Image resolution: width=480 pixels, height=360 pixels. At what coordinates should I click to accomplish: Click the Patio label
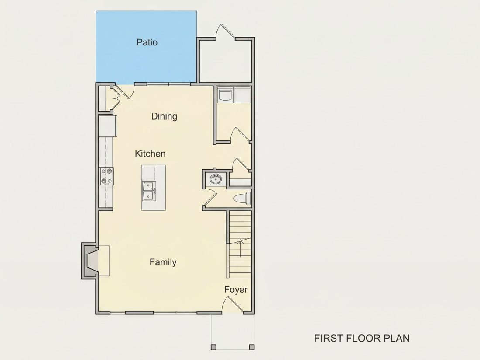(x=147, y=42)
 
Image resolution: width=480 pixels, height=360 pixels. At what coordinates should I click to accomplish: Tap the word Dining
(x=164, y=117)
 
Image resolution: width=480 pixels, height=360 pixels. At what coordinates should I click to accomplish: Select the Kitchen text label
(x=150, y=154)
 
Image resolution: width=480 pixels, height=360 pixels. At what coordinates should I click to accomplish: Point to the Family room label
(x=163, y=262)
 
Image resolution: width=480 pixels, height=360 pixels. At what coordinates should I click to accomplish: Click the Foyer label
(x=236, y=290)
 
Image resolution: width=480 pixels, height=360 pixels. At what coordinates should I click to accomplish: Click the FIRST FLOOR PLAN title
(x=362, y=338)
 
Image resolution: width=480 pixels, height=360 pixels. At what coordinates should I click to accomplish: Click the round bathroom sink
(x=216, y=179)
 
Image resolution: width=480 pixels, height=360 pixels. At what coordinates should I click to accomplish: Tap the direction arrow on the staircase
(x=241, y=248)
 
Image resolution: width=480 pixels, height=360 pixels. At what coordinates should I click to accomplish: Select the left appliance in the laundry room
(x=226, y=94)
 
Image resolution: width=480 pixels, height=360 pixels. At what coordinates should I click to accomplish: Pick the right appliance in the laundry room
(x=242, y=94)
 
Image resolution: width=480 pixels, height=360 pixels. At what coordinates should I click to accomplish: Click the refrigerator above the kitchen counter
(x=107, y=126)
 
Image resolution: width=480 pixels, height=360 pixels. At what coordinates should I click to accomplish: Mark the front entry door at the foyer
(x=233, y=305)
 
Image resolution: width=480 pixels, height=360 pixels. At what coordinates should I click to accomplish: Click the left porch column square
(x=214, y=347)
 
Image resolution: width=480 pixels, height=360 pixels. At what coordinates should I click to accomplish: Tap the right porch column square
(x=252, y=347)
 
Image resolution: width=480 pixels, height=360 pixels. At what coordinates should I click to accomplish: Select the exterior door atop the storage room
(x=226, y=32)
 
